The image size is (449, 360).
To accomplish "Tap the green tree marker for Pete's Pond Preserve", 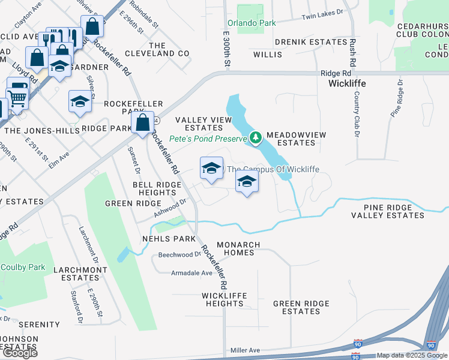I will tap(256, 139).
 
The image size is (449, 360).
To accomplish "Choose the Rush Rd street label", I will tap(353, 53).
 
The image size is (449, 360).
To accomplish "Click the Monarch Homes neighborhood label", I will tap(238, 249).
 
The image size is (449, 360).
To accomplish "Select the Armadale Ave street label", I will tap(192, 273).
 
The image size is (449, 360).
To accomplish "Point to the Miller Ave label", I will tap(245, 350).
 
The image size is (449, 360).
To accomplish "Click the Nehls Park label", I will tap(169, 239).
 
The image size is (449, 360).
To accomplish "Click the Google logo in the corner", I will tap(19, 353).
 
